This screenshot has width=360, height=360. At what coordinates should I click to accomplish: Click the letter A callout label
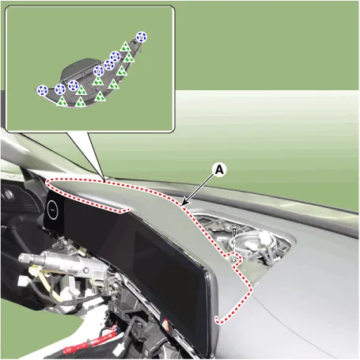219,169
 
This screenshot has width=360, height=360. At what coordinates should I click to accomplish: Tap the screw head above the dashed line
233,227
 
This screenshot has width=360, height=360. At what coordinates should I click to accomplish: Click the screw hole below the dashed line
233,260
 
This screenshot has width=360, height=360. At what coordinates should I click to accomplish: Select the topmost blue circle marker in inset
142,37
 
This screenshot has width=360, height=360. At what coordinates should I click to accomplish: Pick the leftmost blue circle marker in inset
42,90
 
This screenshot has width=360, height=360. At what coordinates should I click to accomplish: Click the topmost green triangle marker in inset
125,47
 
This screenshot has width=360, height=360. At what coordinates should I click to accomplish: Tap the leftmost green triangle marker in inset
62,101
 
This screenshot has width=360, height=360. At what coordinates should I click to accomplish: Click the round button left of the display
52,210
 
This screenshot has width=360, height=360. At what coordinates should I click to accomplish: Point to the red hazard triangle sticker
165,323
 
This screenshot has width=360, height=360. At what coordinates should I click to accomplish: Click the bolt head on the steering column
85,271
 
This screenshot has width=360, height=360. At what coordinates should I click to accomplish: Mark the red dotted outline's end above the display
127,210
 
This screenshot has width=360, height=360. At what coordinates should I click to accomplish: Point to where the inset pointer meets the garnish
104,182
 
